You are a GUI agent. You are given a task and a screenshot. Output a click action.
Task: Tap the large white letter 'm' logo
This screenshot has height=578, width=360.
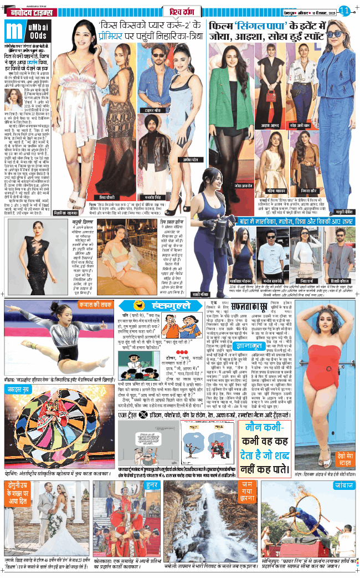(x=16, y=32)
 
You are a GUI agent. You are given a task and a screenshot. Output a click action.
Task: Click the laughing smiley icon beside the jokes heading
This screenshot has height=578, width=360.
(x=133, y=305)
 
